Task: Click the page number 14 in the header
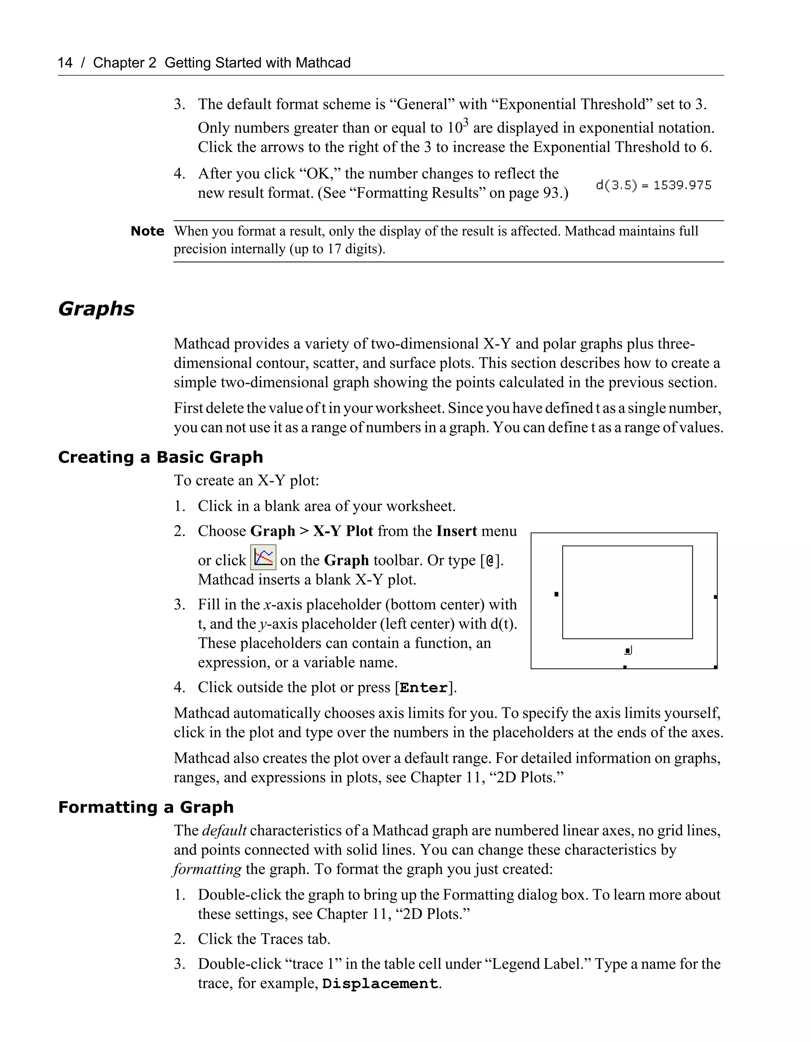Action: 65,63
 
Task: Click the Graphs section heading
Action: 96,309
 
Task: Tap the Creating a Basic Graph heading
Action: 160,457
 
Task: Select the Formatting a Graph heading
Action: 146,807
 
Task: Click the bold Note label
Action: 147,232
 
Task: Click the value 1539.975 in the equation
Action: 682,185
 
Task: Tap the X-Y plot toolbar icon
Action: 263,557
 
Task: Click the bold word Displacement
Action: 380,984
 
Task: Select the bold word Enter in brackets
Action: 424,688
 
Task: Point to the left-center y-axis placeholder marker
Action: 556,594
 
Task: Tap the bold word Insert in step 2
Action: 456,531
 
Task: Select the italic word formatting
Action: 208,869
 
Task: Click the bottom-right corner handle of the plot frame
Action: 716,667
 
